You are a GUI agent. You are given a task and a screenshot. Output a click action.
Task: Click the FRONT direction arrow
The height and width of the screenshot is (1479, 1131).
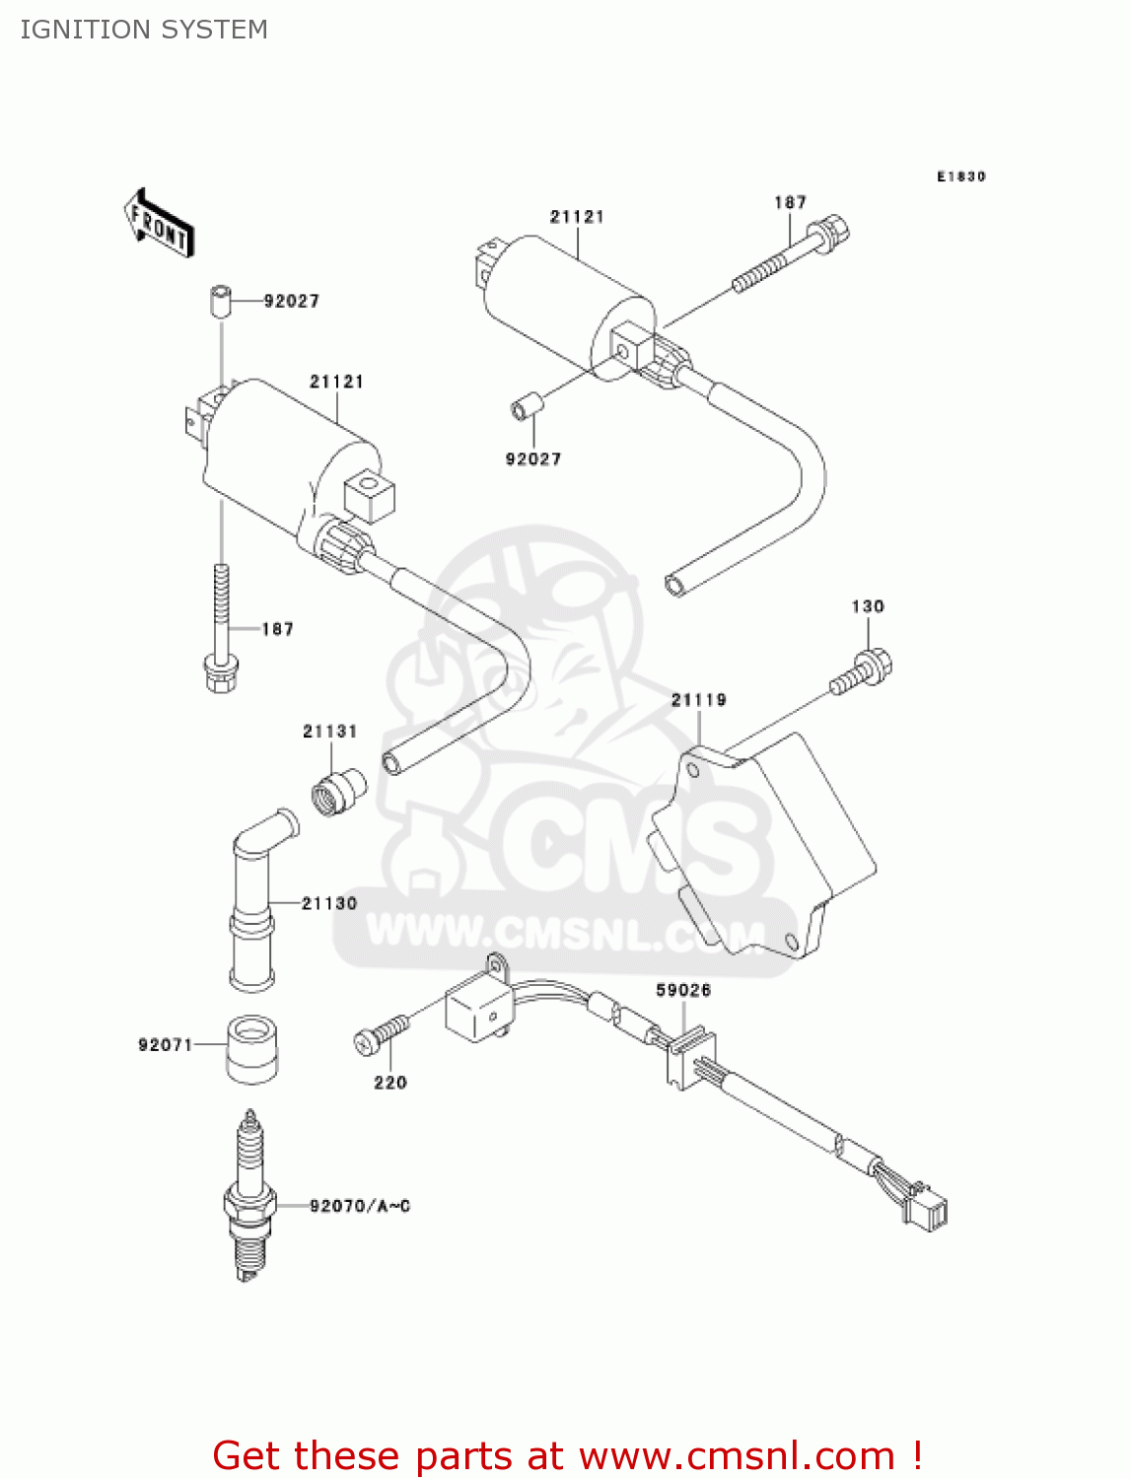(x=159, y=223)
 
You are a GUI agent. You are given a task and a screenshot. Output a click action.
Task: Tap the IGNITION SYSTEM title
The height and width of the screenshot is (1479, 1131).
(x=144, y=30)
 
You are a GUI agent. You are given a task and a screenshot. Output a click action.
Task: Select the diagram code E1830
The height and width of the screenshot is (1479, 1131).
(x=960, y=176)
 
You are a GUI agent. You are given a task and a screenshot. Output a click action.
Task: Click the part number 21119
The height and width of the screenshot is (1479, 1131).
(x=698, y=700)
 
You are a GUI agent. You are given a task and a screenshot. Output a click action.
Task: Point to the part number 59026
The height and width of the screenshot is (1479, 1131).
(x=683, y=990)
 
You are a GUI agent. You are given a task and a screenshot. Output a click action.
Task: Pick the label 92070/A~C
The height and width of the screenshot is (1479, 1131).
(x=360, y=1206)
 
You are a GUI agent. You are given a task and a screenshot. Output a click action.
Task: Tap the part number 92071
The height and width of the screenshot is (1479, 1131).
(x=165, y=1045)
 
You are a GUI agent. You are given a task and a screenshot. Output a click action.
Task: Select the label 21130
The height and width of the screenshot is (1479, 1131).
(x=329, y=903)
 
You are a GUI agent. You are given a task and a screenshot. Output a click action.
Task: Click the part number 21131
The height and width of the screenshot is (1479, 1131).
(x=329, y=732)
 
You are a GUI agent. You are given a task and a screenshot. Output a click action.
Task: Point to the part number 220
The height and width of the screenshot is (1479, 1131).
(x=390, y=1083)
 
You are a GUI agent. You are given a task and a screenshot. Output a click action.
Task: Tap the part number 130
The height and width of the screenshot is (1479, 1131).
(x=868, y=606)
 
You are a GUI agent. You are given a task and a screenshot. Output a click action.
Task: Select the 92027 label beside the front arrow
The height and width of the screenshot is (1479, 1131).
(x=292, y=301)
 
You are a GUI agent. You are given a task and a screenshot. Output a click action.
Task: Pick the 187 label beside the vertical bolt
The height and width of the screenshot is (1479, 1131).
(x=277, y=629)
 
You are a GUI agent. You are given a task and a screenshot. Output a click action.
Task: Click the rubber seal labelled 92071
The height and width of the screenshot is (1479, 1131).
(x=252, y=1048)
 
